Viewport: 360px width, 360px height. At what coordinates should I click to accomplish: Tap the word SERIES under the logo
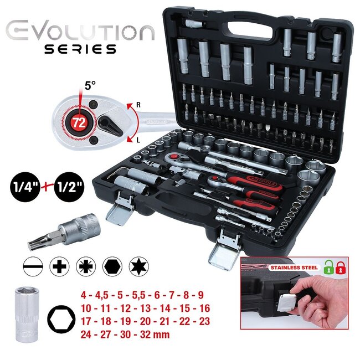pyautogui.click(x=80, y=49)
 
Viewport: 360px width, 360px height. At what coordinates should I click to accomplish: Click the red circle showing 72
pyautogui.click(x=79, y=122)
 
